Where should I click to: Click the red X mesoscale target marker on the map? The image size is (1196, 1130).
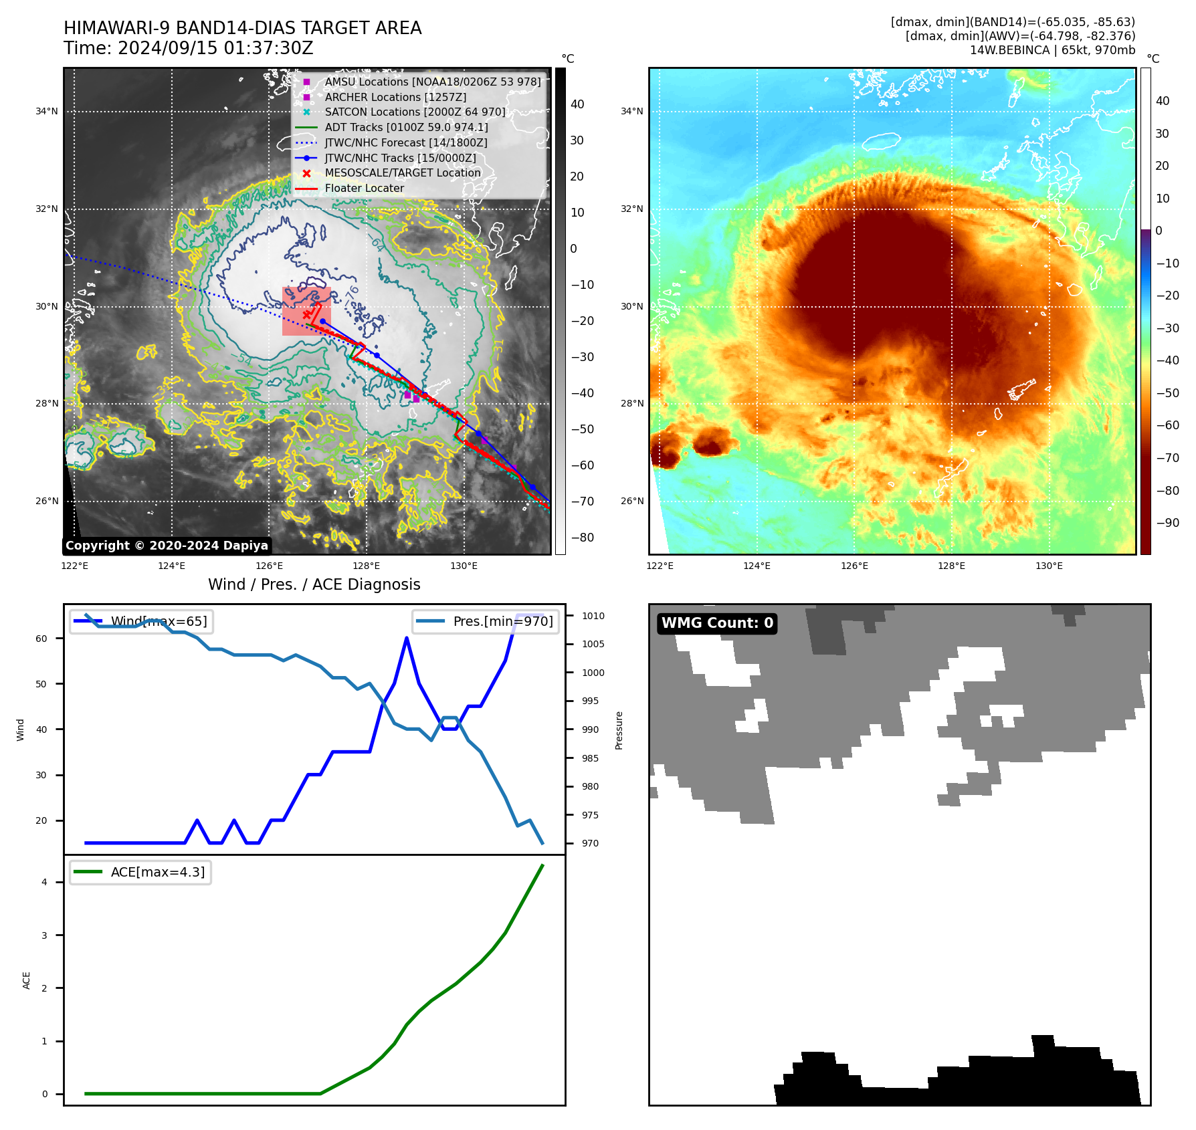tap(306, 314)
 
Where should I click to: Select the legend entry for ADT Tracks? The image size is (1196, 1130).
tap(406, 127)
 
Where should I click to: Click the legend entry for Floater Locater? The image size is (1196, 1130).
tap(364, 189)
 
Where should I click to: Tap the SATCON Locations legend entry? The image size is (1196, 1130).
tap(415, 112)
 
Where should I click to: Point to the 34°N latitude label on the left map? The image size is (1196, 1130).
tap(47, 112)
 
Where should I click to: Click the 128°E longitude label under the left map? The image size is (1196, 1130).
tap(367, 566)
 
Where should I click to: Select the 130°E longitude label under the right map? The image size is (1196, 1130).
tap(1049, 566)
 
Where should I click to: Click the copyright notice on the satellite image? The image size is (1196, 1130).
tap(167, 546)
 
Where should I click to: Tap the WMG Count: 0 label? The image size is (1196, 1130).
tap(717, 623)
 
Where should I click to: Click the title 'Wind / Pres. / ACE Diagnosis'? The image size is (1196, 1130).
tap(314, 584)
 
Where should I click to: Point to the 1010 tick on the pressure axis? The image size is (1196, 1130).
tap(593, 616)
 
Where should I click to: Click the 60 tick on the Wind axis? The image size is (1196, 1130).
tap(41, 639)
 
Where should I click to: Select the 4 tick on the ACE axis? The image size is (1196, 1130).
tap(44, 882)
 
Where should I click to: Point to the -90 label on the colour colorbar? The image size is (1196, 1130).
tap(1167, 523)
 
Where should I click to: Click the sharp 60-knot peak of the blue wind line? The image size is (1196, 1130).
tap(406, 639)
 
